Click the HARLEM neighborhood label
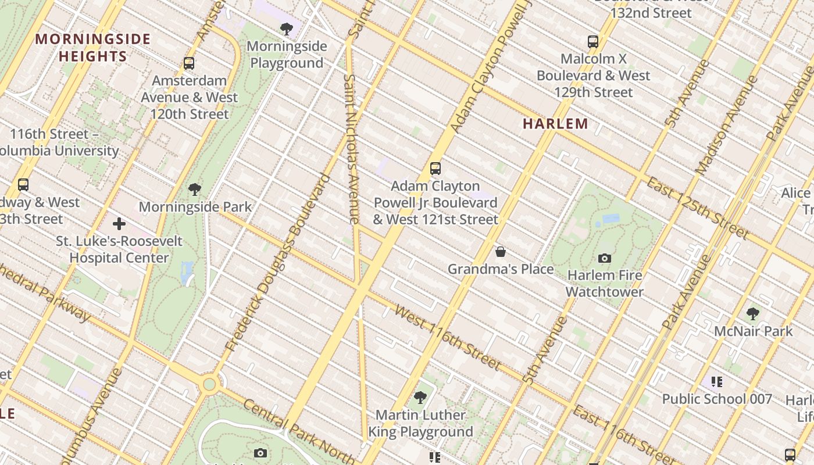555,123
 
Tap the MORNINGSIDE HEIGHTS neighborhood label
93,48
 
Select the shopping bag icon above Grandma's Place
500,252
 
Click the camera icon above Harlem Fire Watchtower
605,258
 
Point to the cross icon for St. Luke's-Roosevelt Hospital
119,224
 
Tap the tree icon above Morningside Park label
195,189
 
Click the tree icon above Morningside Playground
286,28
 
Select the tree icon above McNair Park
753,314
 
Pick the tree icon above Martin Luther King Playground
420,398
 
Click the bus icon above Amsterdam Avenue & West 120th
189,63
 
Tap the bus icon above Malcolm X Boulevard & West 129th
593,42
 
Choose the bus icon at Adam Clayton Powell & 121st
435,169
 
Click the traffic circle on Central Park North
209,384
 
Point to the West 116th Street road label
447,337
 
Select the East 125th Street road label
698,209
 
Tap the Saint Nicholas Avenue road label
352,149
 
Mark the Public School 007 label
717,399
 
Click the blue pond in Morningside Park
187,273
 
